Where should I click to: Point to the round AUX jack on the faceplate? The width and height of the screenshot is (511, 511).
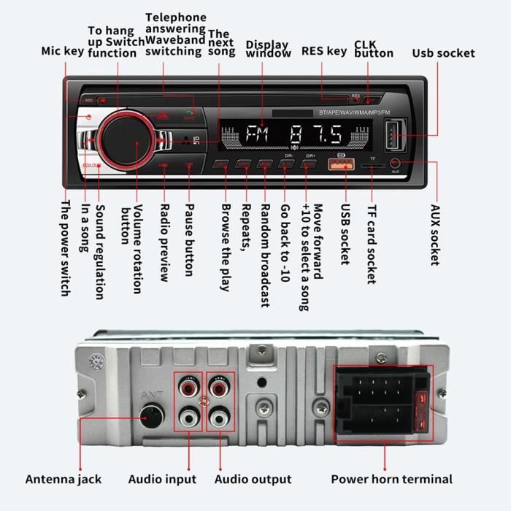pos(395,163)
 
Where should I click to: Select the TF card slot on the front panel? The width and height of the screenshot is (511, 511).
pos(372,165)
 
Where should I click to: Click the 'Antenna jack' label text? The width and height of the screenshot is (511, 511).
pos(64,480)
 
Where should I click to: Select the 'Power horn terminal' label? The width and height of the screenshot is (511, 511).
pos(391,480)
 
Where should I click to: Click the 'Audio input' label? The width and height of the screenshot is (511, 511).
pos(162,480)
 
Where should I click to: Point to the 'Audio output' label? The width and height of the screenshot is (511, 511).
pos(253,480)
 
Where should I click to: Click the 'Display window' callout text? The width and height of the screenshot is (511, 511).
pos(267,48)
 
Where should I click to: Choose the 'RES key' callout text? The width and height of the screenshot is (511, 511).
pos(324,52)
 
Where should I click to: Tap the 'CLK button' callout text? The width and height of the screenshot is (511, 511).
pos(374,48)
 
